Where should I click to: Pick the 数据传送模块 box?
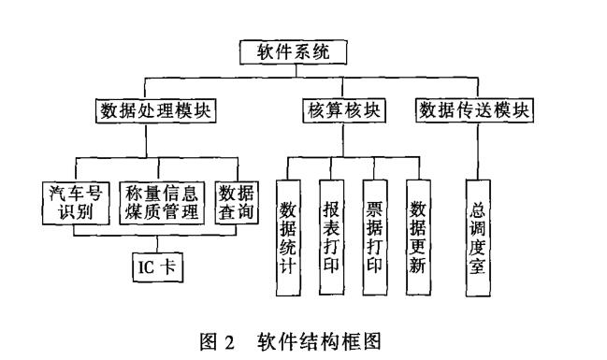(476, 110)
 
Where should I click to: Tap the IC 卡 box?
(155, 267)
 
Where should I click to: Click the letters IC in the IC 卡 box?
(145, 267)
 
